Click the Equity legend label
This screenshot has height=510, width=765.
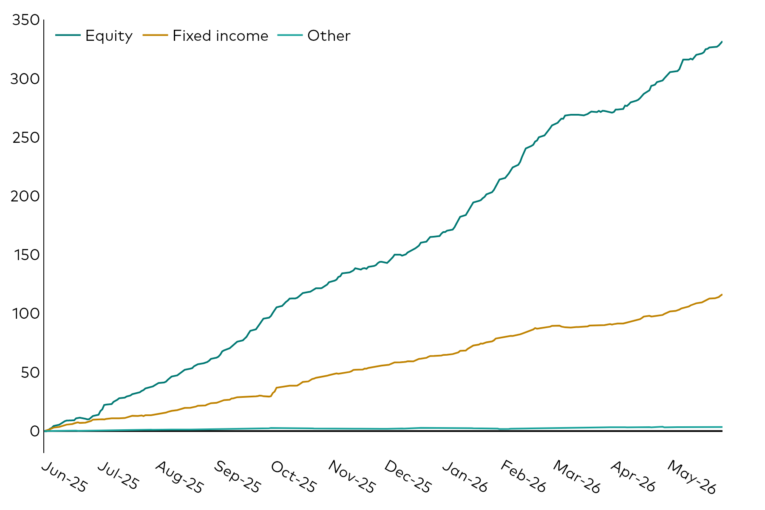click(x=109, y=36)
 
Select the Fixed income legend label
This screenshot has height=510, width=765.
click(x=220, y=36)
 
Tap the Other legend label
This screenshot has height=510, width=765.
click(x=329, y=36)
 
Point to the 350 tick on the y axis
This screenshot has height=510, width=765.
click(x=25, y=20)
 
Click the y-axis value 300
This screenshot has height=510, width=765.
click(x=25, y=79)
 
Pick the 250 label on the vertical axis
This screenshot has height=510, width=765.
click(x=25, y=138)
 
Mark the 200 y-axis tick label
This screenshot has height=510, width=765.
click(x=25, y=196)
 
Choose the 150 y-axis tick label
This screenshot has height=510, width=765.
click(x=26, y=255)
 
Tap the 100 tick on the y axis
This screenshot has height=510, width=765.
click(x=26, y=314)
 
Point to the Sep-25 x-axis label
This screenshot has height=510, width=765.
click(x=237, y=477)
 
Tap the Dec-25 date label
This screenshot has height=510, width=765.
click(x=408, y=477)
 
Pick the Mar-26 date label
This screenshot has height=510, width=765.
click(x=576, y=477)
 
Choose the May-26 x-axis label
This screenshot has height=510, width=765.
click(x=691, y=477)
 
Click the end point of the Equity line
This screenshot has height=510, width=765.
click(x=722, y=42)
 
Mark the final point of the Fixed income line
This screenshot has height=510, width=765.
click(x=722, y=295)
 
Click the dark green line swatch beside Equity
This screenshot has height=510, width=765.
click(x=68, y=35)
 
